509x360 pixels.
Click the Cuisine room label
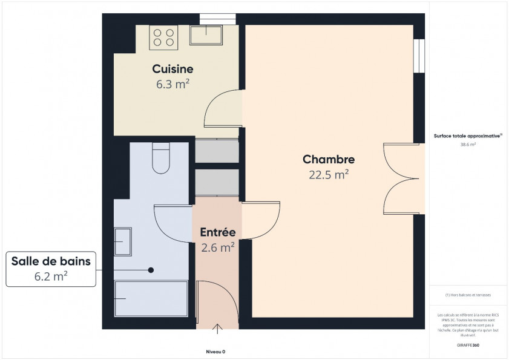173,70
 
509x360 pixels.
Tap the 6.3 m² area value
173,84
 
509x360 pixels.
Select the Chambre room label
328,160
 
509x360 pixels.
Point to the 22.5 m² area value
328,175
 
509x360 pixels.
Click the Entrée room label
217,232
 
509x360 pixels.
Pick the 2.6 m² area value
217,246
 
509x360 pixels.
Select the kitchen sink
208,35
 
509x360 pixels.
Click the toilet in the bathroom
161,160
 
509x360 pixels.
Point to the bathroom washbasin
123,242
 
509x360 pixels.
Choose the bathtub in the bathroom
151,298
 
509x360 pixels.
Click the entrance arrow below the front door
217,329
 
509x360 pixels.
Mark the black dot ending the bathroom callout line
151,270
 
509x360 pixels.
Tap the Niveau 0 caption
215,352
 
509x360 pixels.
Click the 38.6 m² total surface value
468,145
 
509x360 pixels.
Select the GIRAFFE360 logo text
468,344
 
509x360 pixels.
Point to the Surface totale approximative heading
467,137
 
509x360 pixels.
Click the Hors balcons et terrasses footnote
468,295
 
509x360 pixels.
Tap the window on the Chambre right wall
419,56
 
